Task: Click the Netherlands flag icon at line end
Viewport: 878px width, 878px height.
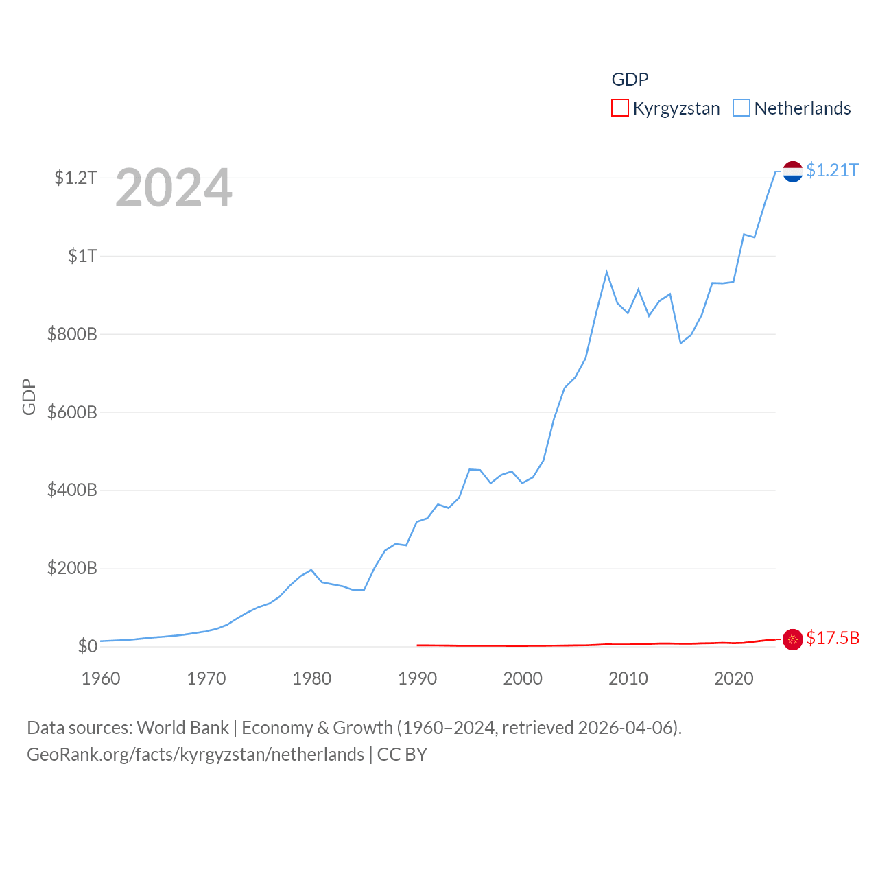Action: [792, 171]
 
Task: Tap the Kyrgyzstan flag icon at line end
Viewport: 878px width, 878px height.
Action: [792, 639]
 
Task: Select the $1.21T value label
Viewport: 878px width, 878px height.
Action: [832, 170]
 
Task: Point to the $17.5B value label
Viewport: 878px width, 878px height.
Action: [832, 638]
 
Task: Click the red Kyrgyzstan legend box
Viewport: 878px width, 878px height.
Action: [619, 108]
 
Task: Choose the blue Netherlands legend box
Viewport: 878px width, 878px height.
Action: [741, 108]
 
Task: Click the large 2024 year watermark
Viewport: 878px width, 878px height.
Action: [174, 188]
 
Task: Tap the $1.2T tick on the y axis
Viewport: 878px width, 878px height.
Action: [75, 178]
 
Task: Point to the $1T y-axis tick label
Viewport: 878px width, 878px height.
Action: [82, 256]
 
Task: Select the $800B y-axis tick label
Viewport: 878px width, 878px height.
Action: [72, 334]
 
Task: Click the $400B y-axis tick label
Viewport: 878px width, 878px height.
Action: [72, 490]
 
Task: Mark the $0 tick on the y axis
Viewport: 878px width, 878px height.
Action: [87, 646]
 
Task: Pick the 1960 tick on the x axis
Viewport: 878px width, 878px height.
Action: [101, 678]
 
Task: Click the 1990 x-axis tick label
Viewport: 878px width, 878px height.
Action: [417, 678]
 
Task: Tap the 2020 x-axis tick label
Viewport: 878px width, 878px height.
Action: [733, 678]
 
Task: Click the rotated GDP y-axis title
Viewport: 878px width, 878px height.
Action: [29, 396]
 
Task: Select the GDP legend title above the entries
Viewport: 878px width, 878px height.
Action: [630, 80]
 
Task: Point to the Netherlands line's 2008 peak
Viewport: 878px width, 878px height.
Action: [606, 272]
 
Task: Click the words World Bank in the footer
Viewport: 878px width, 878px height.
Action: [182, 727]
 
